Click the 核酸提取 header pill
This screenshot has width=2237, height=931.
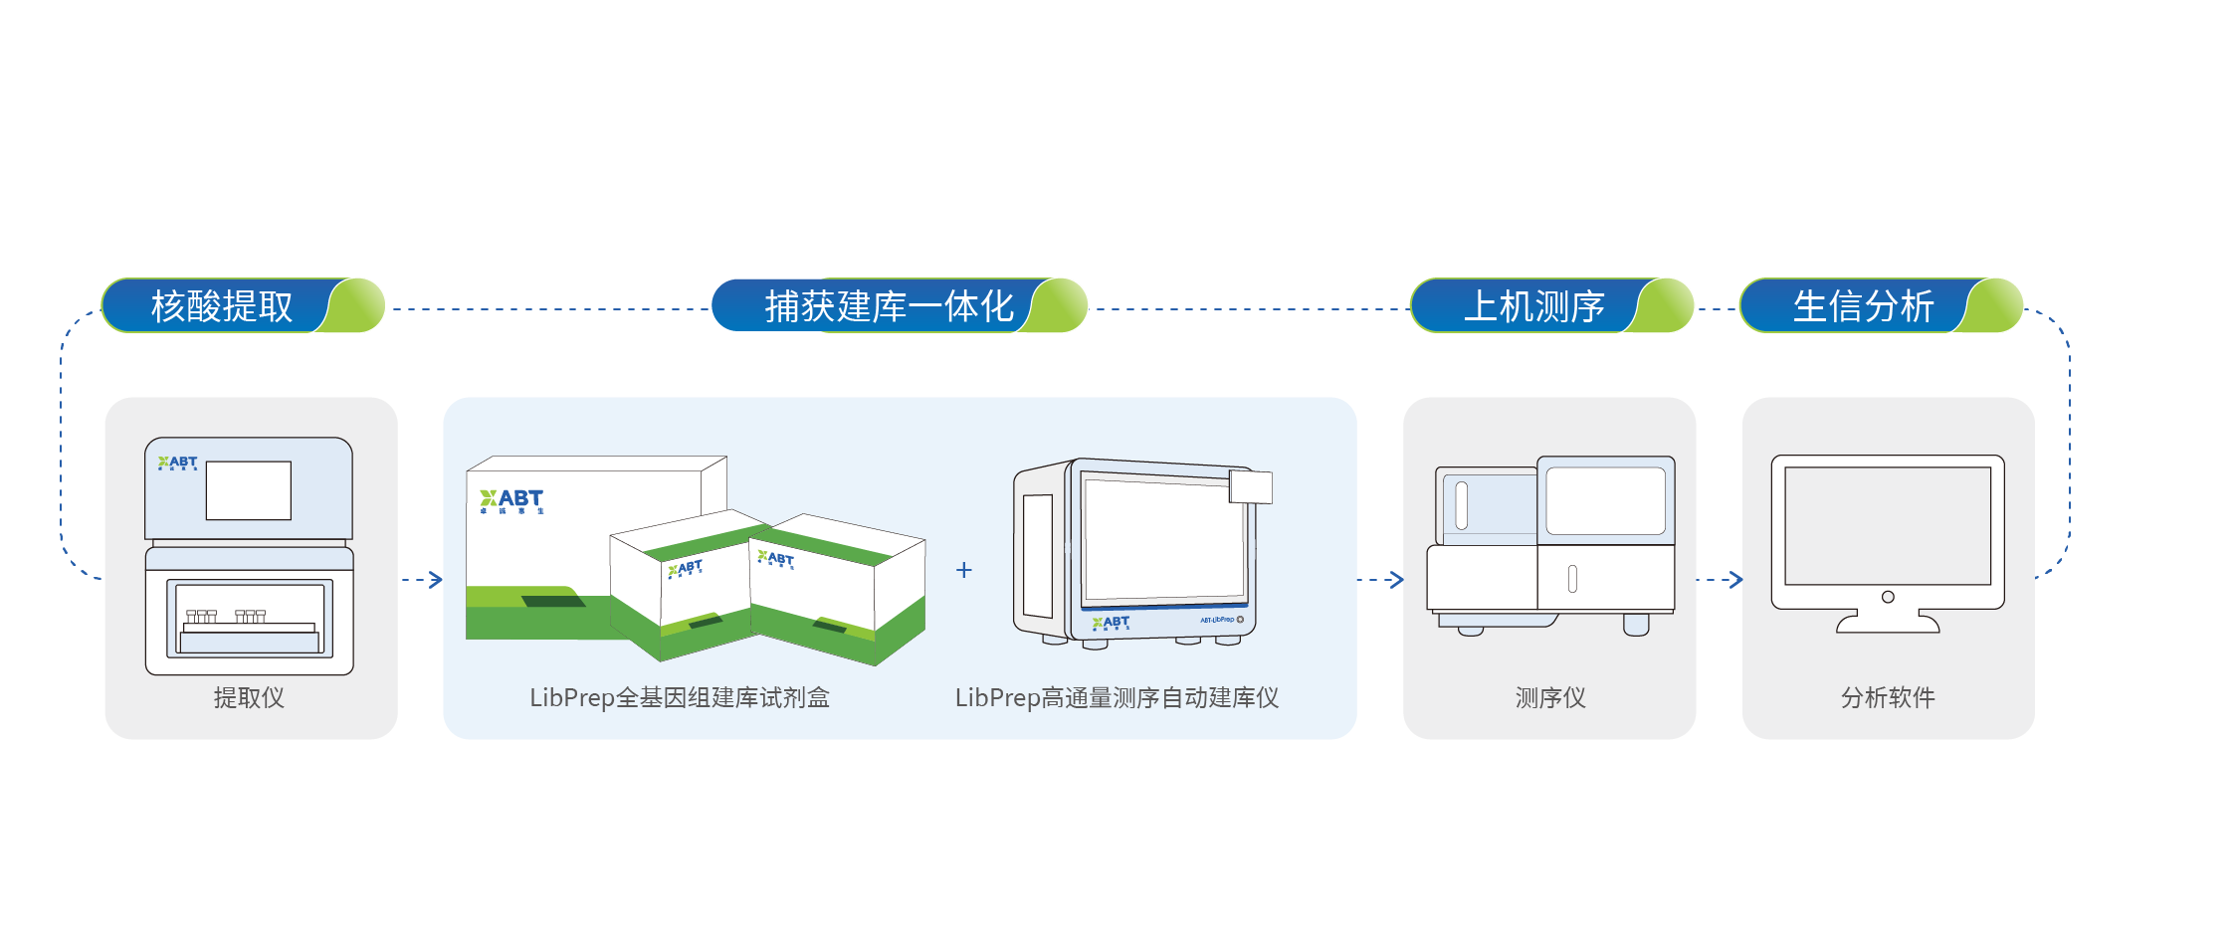tap(242, 305)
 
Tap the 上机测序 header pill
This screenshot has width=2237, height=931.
tap(1550, 305)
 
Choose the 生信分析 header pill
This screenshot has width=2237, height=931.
tap(1880, 305)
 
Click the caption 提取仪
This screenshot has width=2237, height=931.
tap(249, 697)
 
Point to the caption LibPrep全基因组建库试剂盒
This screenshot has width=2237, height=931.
tap(680, 697)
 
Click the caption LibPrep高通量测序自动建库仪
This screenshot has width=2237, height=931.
tap(1117, 697)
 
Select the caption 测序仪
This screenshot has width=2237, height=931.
tap(1549, 697)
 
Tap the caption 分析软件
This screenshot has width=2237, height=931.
tap(1888, 697)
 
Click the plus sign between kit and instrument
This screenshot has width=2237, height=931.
tap(963, 570)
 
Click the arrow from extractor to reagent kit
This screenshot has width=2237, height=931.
tap(424, 579)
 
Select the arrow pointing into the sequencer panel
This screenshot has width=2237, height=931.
tap(1383, 579)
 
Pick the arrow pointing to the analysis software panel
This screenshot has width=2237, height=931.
tap(1722, 579)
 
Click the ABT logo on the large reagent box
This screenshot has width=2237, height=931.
tap(511, 500)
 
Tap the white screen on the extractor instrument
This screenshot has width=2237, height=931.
tap(249, 490)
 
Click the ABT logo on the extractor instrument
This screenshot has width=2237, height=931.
tap(178, 463)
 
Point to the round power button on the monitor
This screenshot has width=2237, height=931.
tap(1888, 597)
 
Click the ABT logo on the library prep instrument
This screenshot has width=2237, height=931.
tap(1111, 624)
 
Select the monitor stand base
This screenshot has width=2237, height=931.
tap(1888, 625)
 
